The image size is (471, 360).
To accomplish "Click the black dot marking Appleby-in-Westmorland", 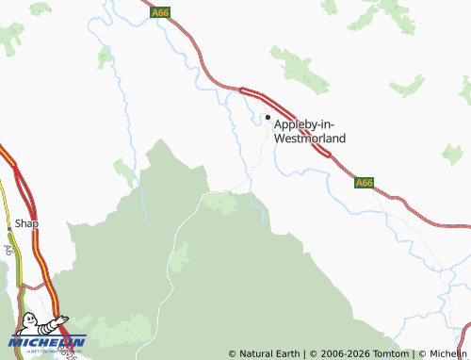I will tap(268, 118).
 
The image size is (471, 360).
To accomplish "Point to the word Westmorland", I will tap(309, 138).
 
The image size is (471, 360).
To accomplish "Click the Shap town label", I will tap(26, 224).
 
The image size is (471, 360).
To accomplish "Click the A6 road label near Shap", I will tap(8, 251).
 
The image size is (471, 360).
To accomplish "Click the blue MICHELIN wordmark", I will tap(47, 341).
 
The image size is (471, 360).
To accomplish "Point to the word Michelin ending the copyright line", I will tap(447, 354).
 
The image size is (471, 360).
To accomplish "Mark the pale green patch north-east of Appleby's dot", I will tap(300, 69).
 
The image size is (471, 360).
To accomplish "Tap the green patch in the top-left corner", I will tap(12, 38).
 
